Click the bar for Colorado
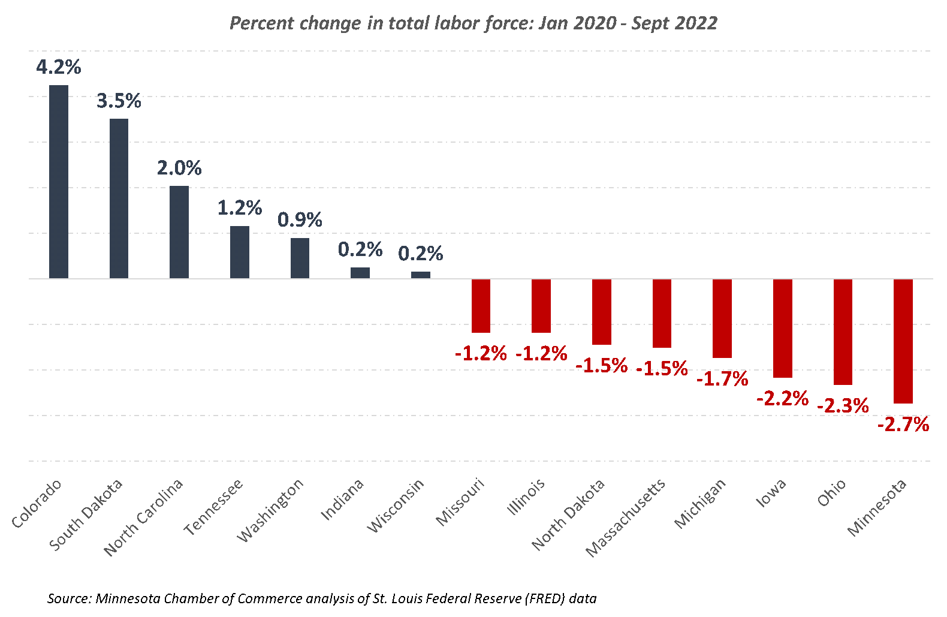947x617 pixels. point(59,182)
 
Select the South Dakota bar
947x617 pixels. point(119,198)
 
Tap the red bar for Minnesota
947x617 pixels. point(903,341)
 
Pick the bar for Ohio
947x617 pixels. point(843,332)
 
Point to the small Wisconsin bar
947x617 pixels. point(421,275)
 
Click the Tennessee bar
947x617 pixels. point(240,252)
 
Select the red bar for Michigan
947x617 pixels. point(722,318)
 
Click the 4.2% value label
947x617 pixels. point(59,67)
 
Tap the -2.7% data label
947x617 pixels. point(903,425)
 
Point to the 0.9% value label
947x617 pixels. point(300,220)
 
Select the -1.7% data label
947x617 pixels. point(722,379)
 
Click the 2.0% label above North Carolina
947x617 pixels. point(179,168)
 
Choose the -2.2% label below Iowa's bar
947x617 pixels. point(782,398)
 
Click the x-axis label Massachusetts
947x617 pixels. point(626,517)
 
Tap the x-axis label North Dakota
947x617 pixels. point(568,514)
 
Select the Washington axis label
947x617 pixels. point(270,510)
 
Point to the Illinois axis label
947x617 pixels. point(526,497)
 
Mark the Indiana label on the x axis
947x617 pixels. point(342,499)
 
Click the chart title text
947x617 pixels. point(473,23)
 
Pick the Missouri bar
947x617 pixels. point(481,306)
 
